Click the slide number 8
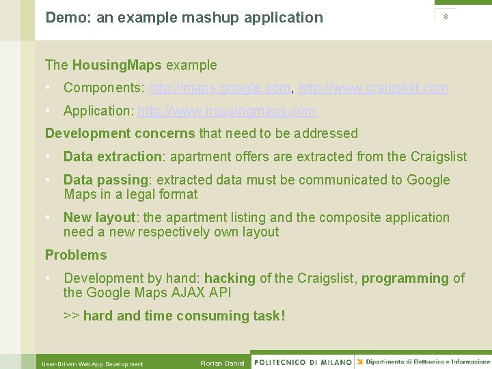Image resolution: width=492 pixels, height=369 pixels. click(446, 17)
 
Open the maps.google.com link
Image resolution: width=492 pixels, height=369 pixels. click(219, 87)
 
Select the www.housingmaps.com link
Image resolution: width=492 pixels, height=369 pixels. click(227, 111)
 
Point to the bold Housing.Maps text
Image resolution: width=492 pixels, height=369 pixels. click(117, 66)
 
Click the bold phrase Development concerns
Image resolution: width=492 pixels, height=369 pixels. click(120, 133)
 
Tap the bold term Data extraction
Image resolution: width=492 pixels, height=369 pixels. click(112, 156)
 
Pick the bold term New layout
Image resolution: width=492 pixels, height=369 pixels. click(99, 217)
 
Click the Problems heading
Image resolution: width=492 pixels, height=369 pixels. click(76, 255)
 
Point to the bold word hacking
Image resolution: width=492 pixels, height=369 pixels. click(230, 278)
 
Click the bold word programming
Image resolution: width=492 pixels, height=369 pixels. click(405, 278)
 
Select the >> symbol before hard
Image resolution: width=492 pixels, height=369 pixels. click(71, 316)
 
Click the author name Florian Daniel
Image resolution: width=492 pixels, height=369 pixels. click(222, 363)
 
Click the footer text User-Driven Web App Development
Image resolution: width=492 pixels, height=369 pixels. click(92, 364)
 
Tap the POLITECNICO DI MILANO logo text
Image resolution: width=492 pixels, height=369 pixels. click(302, 362)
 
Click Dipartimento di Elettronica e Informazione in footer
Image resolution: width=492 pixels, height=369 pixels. click(428, 361)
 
